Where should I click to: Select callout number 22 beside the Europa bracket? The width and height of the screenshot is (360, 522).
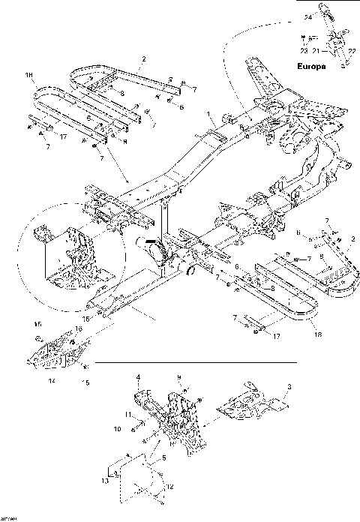point(350,50)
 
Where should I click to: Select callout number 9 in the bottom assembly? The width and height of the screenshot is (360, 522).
point(178,376)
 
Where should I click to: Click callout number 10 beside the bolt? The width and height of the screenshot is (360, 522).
point(117,430)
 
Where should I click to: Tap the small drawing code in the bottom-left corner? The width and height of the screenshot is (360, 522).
point(8,517)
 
